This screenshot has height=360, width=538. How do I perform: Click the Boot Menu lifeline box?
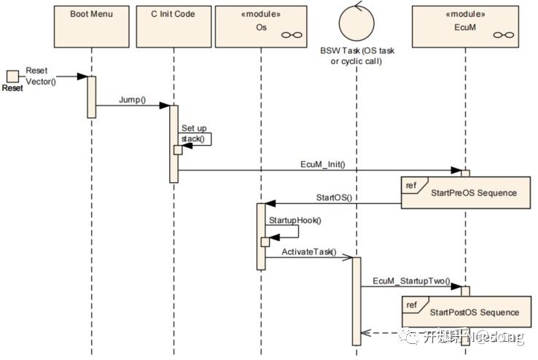(92, 24)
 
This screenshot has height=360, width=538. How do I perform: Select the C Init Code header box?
(174, 24)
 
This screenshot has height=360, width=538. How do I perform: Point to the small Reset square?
(12, 76)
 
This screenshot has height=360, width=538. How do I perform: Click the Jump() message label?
(132, 99)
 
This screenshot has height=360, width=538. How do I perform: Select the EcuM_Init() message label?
(322, 165)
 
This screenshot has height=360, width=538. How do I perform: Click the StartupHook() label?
(294, 220)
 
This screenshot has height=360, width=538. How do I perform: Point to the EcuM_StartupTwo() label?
(412, 281)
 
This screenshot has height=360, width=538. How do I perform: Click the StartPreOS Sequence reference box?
(467, 193)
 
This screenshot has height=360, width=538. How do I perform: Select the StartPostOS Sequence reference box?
(467, 311)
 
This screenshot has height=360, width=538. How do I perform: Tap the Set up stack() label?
(194, 133)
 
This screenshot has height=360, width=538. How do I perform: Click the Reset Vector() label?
(41, 76)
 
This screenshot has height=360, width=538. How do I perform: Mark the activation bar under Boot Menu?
(92, 96)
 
